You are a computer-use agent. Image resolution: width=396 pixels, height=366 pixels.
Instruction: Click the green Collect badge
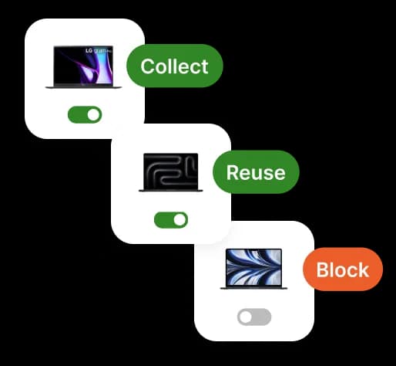pos(175,66)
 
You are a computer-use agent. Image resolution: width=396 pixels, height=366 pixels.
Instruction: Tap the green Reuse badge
pos(256,172)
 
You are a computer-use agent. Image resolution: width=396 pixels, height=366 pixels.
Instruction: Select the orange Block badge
pos(343,269)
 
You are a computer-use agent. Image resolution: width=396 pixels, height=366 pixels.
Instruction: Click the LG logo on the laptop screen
pos(89,51)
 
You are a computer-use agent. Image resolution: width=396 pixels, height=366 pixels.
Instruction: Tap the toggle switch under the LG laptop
pos(85,114)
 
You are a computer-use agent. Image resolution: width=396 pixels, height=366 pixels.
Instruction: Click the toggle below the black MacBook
pos(171,220)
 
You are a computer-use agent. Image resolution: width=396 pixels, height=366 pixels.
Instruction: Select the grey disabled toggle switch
pos(254,317)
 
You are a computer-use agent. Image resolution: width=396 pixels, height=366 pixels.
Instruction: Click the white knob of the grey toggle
pos(246,317)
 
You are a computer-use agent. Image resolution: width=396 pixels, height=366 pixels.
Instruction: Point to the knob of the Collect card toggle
pos(93,114)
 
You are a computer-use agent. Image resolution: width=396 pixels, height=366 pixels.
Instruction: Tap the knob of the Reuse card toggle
pos(180,220)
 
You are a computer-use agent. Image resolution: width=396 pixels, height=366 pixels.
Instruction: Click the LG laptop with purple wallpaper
pos(83,67)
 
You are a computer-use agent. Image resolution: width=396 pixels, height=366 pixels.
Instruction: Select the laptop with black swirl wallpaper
pos(171,172)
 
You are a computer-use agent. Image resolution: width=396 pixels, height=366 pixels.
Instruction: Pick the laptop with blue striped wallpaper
pos(253,269)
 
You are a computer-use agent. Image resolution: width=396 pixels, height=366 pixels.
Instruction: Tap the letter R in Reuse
pos(233,172)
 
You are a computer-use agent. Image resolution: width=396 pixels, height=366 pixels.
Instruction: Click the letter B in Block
pos(323,269)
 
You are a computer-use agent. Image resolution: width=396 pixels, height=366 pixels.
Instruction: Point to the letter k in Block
pos(364,269)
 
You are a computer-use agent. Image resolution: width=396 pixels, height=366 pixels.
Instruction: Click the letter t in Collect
pos(204,67)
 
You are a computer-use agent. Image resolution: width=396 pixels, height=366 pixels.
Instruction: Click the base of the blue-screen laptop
pos(253,288)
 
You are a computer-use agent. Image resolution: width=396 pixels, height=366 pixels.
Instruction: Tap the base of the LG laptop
pos(83,87)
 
